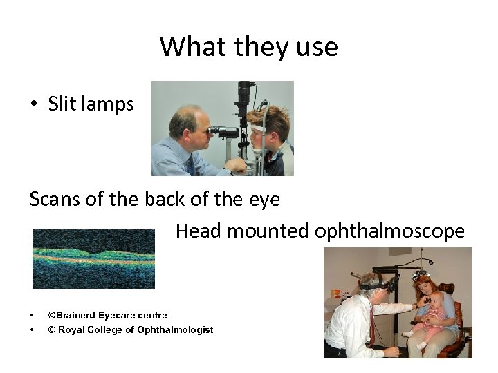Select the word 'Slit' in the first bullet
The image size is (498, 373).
tap(61, 104)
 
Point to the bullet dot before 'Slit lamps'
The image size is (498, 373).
tap(33, 104)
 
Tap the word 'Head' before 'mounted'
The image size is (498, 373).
tap(198, 231)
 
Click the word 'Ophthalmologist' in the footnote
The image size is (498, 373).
tap(176, 329)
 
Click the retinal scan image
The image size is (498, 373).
tap(93, 259)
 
